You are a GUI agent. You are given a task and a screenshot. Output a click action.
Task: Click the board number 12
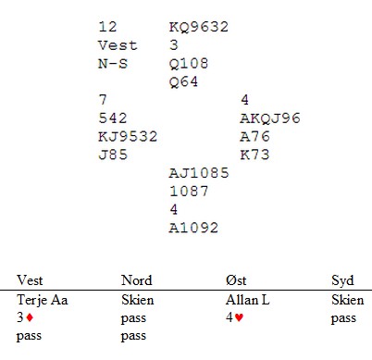pyautogui.click(x=107, y=27)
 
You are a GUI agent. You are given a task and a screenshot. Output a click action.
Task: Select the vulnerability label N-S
pyautogui.click(x=113, y=64)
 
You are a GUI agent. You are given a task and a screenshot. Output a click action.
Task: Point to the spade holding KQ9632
pyautogui.click(x=199, y=27)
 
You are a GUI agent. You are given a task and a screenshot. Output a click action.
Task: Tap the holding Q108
pyautogui.click(x=189, y=64)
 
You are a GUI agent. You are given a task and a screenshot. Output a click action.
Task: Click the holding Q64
pyautogui.click(x=184, y=82)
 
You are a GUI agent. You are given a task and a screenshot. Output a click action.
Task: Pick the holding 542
pyautogui.click(x=113, y=118)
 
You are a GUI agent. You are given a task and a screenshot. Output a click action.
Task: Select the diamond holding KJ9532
pyautogui.click(x=128, y=137)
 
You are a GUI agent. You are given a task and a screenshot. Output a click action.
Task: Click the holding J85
pyautogui.click(x=113, y=155)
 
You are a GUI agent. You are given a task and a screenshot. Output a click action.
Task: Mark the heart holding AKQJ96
pyautogui.click(x=270, y=118)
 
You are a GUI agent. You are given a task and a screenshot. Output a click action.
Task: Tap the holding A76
pyautogui.click(x=255, y=136)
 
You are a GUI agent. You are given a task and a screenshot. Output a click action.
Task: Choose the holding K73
pyautogui.click(x=254, y=155)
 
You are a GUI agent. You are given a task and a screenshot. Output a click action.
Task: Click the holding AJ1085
pyautogui.click(x=199, y=173)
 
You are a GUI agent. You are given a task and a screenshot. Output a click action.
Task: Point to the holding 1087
pyautogui.click(x=189, y=192)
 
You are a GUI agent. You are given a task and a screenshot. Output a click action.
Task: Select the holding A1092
pyautogui.click(x=193, y=228)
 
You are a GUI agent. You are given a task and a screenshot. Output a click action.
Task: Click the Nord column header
pyautogui.click(x=137, y=280)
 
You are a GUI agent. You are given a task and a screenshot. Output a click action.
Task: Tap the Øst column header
pyautogui.click(x=236, y=280)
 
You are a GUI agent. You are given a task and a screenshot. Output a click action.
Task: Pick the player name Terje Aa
pyautogui.click(x=43, y=300)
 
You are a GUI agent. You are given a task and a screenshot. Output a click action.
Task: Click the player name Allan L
pyautogui.click(x=248, y=300)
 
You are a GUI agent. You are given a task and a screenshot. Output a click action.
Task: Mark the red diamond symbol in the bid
pyautogui.click(x=30, y=317)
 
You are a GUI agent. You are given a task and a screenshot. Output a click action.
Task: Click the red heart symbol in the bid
pyautogui.click(x=239, y=317)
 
